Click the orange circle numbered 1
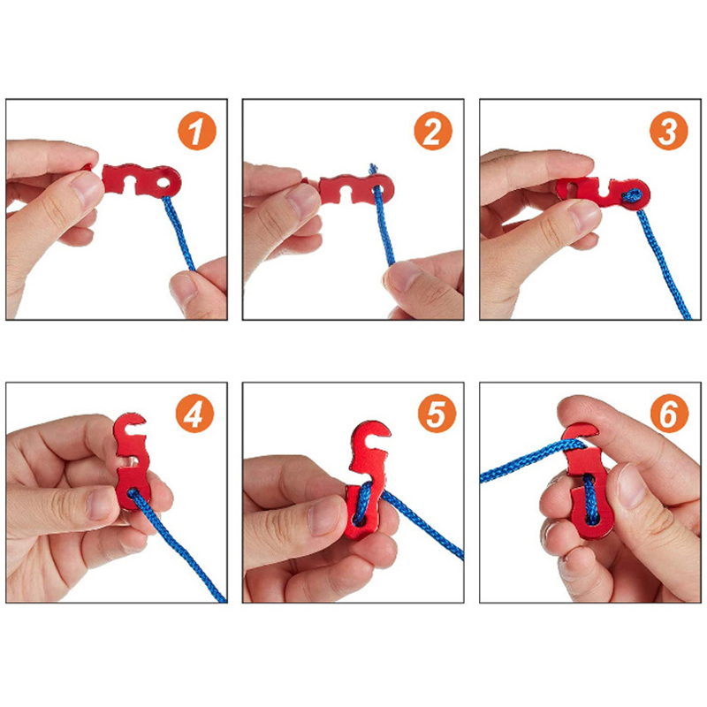(x=197, y=131)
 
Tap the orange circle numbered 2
(x=433, y=131)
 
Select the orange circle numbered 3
(x=669, y=131)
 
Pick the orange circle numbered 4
(x=194, y=414)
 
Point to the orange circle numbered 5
(x=437, y=414)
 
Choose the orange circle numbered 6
(x=669, y=414)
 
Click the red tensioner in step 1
(x=141, y=180)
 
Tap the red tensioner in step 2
(x=356, y=188)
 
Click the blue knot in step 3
(x=632, y=195)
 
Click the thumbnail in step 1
(x=87, y=188)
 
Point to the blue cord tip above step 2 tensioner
(x=373, y=169)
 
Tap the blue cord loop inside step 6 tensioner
(x=589, y=499)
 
